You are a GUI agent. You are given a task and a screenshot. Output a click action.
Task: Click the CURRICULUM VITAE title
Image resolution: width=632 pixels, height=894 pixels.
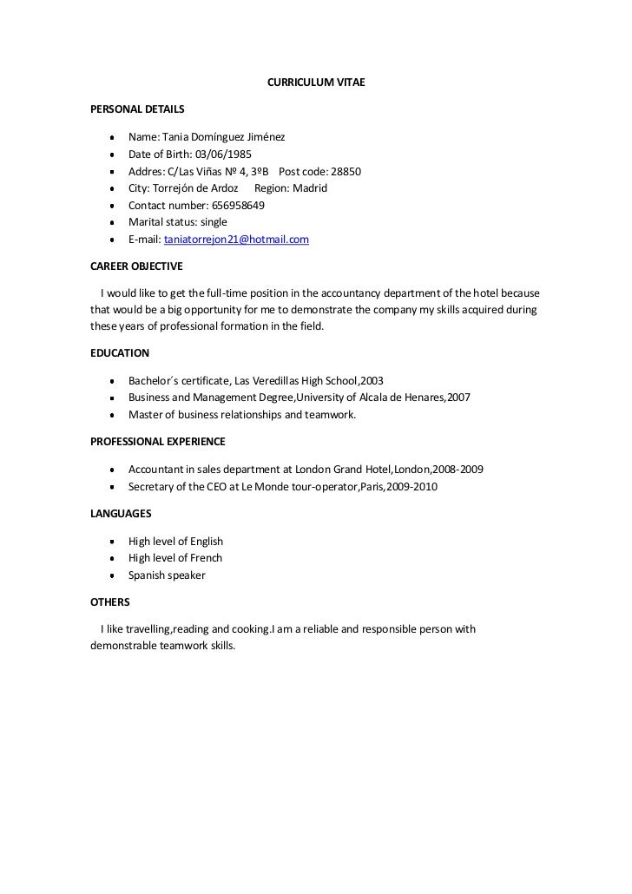315,82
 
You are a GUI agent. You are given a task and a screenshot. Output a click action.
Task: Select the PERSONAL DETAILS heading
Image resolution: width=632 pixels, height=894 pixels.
137,109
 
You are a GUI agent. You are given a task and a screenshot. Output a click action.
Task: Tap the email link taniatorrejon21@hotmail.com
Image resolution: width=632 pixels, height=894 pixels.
236,240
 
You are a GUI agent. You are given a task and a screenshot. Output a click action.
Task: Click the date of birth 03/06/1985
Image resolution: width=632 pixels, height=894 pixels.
223,154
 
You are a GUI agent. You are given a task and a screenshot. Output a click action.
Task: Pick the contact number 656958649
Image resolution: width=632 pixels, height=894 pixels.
238,206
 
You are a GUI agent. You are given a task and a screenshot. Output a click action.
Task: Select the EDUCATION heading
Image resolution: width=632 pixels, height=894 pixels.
120,353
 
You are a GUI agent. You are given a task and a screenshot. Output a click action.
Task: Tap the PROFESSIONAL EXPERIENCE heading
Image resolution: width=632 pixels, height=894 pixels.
158,442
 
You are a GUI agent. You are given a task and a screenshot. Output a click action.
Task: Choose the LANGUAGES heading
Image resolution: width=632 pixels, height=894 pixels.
121,514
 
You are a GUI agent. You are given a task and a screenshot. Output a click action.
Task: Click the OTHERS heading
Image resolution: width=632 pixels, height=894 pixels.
110,601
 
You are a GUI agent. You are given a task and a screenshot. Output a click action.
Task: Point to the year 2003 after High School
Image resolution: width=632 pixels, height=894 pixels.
371,381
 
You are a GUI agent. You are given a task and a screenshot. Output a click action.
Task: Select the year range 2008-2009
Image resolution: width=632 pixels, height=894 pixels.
459,470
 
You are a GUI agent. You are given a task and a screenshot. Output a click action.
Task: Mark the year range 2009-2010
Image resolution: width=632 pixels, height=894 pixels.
412,487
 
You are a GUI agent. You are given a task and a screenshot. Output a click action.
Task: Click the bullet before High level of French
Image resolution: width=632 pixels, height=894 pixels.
113,559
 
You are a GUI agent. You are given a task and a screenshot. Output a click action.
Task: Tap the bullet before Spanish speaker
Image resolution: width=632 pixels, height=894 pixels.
113,575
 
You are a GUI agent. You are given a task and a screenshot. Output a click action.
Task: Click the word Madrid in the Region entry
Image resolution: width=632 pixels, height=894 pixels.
310,188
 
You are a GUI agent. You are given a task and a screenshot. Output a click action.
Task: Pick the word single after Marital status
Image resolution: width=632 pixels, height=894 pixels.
214,222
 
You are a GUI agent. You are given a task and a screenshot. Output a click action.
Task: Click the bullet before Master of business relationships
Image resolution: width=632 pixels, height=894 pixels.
113,416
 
